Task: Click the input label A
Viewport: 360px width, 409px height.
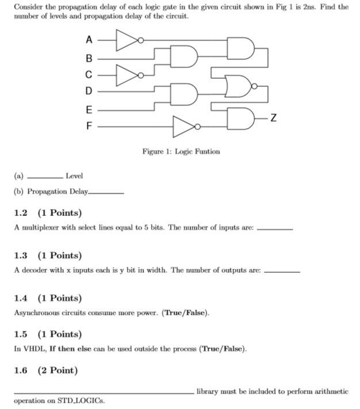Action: click(x=88, y=40)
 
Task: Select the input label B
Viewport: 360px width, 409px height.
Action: click(x=88, y=57)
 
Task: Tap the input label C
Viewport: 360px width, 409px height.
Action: click(x=88, y=74)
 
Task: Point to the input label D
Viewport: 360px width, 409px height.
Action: click(x=88, y=91)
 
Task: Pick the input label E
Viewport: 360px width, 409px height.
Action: click(x=88, y=109)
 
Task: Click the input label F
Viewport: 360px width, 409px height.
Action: click(x=88, y=125)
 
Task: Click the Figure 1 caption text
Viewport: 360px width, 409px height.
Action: click(x=181, y=152)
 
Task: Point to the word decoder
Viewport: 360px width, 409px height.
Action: click(x=36, y=269)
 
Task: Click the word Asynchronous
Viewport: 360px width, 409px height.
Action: click(x=37, y=313)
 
